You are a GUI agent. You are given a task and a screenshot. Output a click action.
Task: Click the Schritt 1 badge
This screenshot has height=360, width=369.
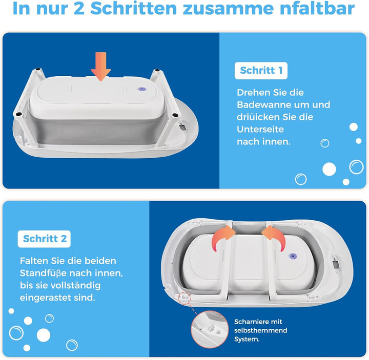(261, 71)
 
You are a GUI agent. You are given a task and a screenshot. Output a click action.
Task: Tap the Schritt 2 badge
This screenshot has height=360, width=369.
(45, 239)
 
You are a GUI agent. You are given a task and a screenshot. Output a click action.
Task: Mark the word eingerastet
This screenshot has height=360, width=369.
(47, 298)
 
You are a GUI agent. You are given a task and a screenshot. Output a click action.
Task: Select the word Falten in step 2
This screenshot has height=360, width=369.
(33, 261)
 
